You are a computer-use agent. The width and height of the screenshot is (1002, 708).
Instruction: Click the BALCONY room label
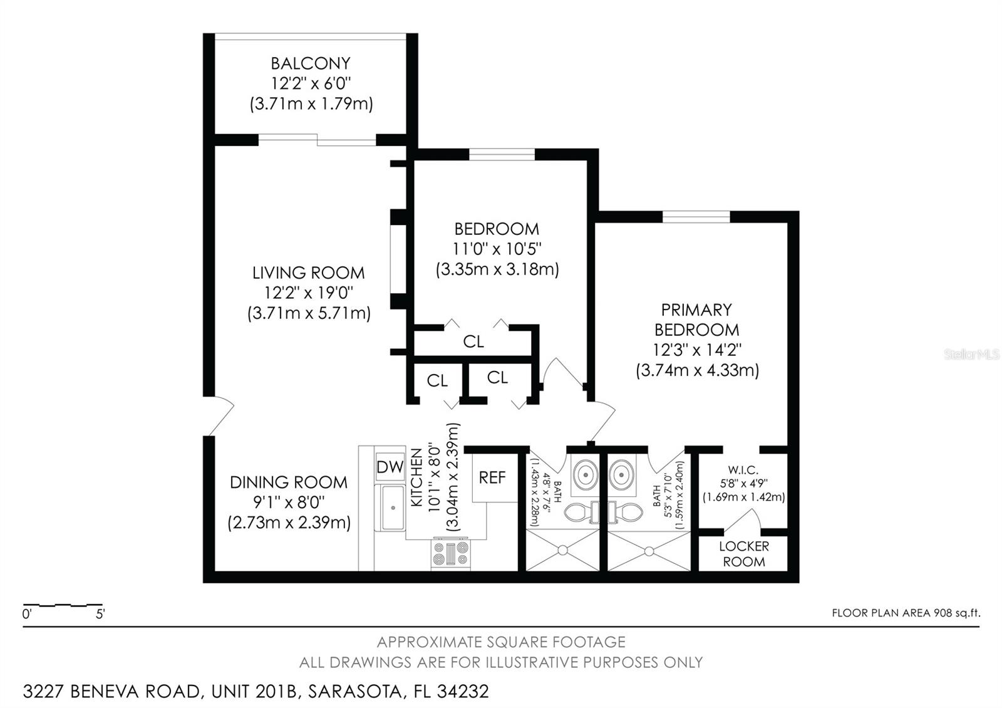311,63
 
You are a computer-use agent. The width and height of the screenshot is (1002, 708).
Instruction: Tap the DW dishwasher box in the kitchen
390,467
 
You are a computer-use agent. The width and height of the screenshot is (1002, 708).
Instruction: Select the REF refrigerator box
492,477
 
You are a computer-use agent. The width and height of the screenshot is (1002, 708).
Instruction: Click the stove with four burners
450,554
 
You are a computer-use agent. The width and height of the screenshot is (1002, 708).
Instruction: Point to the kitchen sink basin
393,507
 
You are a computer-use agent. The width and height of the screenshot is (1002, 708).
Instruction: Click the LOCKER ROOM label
744,554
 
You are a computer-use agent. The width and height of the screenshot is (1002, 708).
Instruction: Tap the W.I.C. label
743,470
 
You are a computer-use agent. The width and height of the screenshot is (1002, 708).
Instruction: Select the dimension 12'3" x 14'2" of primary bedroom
696,350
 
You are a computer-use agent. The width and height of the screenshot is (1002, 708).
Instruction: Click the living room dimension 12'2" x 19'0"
309,293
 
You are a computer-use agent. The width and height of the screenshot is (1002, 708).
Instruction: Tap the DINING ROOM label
288,482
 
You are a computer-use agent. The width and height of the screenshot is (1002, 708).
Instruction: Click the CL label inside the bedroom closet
473,341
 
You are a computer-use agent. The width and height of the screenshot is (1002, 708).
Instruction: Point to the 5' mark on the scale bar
100,614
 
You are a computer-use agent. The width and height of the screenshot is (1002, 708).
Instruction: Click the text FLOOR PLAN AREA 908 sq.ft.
906,613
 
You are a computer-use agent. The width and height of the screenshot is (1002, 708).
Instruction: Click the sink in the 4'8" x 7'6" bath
586,474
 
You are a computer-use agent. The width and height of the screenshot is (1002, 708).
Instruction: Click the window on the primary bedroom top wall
696,217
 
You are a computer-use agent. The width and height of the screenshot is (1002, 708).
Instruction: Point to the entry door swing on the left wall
219,417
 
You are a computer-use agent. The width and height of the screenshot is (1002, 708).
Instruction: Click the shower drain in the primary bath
649,551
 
